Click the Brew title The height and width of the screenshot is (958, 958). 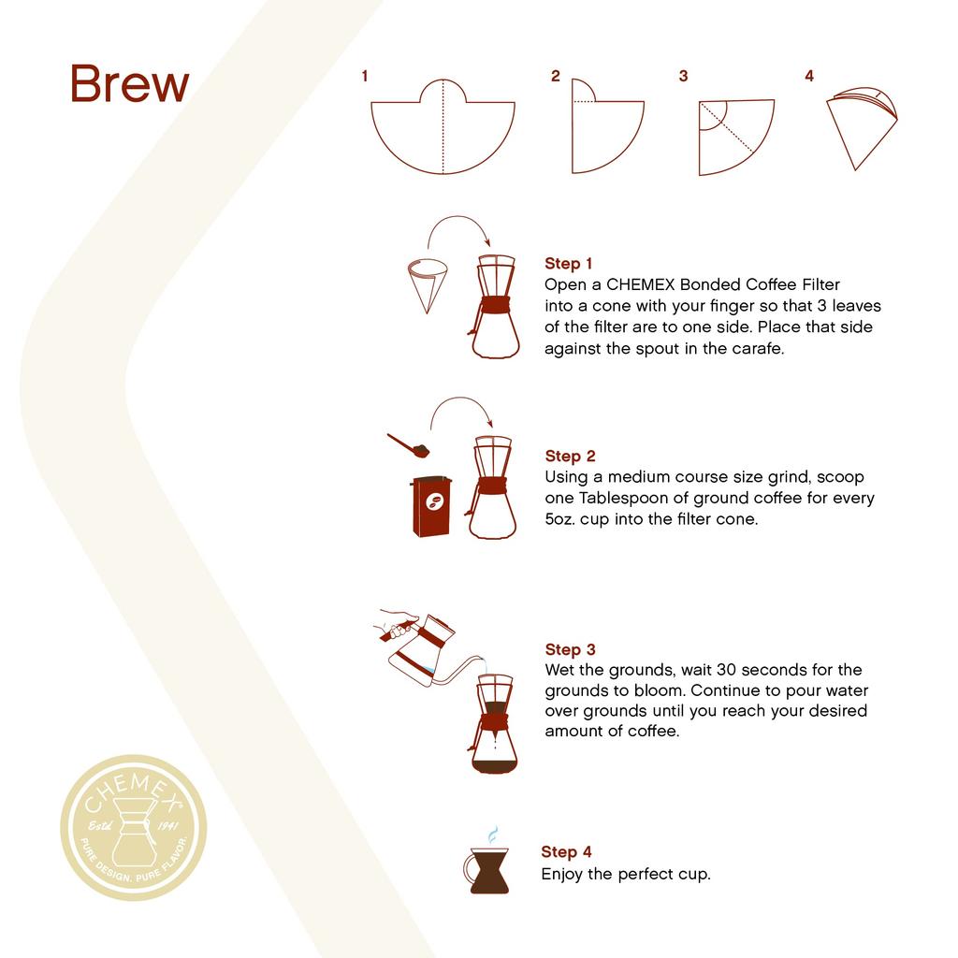click(x=129, y=84)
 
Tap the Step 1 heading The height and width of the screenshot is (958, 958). click(x=569, y=264)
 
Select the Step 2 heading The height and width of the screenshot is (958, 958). click(x=570, y=457)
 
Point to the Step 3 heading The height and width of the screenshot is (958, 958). click(x=570, y=649)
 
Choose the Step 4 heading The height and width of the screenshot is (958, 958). click(x=566, y=852)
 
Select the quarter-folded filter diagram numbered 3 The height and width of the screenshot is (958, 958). click(x=733, y=137)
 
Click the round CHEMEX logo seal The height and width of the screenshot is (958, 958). click(x=134, y=828)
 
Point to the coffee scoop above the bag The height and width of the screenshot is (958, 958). click(x=409, y=445)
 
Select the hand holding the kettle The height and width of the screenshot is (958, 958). click(x=396, y=624)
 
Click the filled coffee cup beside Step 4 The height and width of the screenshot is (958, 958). click(x=488, y=871)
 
